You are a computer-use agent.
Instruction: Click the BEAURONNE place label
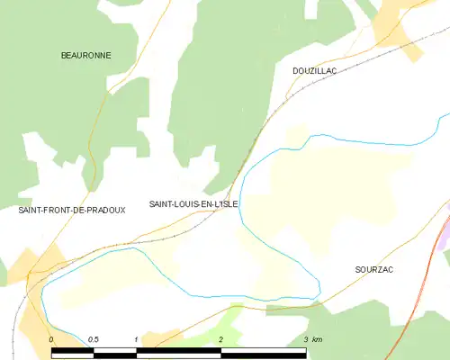(x=85, y=55)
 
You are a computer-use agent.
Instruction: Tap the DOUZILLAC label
(x=314, y=70)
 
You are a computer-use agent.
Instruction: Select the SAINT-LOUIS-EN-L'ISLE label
(x=193, y=204)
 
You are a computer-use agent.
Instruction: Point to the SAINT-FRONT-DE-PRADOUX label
(x=72, y=210)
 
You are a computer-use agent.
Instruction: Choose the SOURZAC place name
(x=374, y=269)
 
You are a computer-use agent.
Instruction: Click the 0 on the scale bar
(x=52, y=339)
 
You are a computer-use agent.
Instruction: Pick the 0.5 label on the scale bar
(x=94, y=339)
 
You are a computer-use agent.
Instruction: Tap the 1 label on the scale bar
(x=136, y=339)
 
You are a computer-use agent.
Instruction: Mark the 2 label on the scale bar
(x=220, y=339)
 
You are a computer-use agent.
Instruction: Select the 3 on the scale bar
(x=306, y=339)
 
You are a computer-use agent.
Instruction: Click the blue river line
(x=360, y=139)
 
